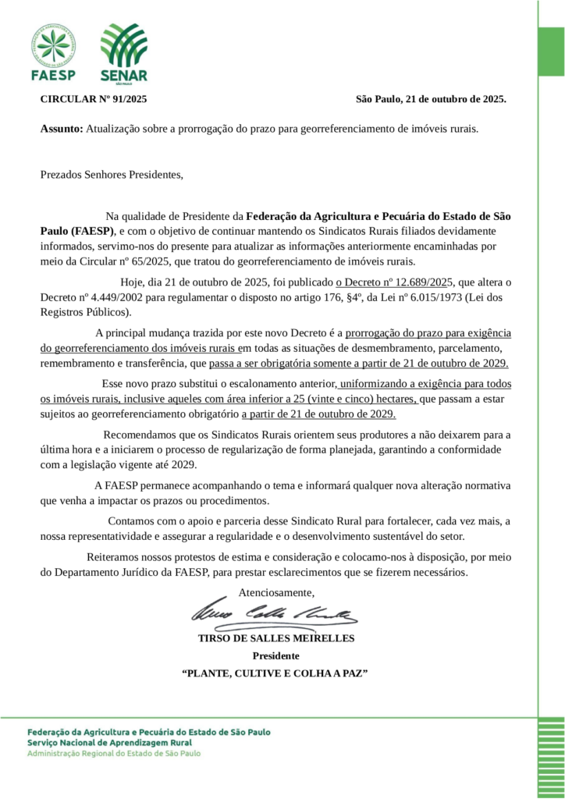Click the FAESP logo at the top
[53, 52]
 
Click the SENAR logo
[123, 52]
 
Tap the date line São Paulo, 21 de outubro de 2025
[431, 99]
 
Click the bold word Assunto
[61, 128]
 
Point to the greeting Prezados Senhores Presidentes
[112, 174]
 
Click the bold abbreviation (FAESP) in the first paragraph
[92, 231]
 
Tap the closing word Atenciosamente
[276, 591]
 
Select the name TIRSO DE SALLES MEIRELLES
[276, 638]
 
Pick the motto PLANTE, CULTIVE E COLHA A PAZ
[275, 673]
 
